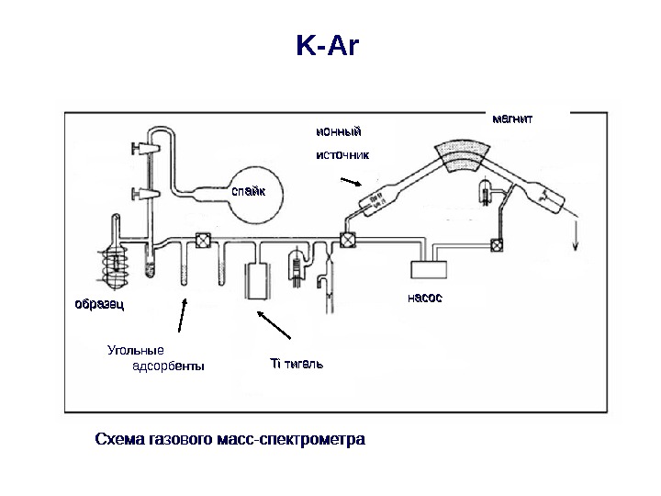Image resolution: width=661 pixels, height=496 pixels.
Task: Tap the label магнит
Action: pyautogui.click(x=512, y=118)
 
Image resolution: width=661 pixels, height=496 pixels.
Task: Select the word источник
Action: pyautogui.click(x=342, y=155)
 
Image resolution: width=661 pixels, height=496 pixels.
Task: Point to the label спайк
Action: pyautogui.click(x=247, y=192)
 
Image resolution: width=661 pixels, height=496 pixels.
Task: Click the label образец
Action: pyautogui.click(x=99, y=302)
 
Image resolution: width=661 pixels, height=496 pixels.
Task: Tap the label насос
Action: pyautogui.click(x=425, y=298)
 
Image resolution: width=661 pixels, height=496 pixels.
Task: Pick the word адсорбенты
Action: pyautogui.click(x=169, y=367)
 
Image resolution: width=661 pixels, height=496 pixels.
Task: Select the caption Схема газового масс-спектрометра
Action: pyautogui.click(x=230, y=438)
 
